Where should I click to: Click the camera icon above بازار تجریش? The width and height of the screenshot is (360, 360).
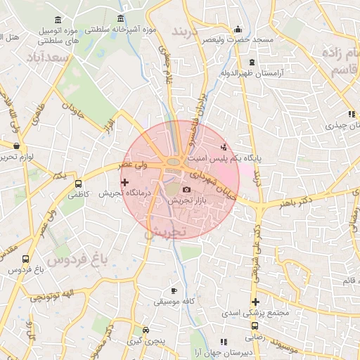click(186, 190)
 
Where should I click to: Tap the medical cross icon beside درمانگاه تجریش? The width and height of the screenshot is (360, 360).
click(125, 182)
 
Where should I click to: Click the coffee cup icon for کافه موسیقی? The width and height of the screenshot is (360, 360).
click(174, 290)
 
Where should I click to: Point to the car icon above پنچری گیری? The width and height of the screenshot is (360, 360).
click(146, 330)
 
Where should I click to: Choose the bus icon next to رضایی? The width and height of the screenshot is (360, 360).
click(255, 326)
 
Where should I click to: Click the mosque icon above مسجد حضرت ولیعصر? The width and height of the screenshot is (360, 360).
click(238, 30)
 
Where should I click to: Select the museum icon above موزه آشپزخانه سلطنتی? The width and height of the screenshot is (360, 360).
click(122, 18)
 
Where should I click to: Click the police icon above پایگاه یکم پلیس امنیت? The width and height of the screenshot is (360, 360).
click(224, 147)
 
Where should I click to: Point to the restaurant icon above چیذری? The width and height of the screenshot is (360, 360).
click(350, 114)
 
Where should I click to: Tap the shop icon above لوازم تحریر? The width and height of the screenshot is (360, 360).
click(16, 146)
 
